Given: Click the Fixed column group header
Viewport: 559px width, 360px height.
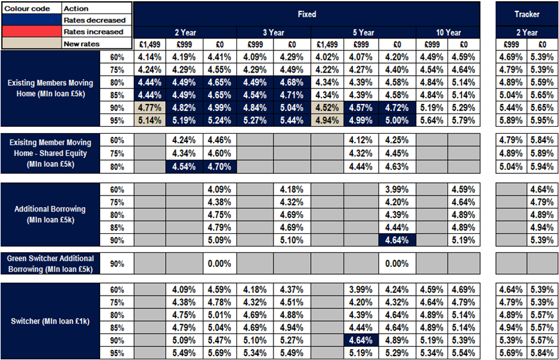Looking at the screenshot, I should [x=307, y=13].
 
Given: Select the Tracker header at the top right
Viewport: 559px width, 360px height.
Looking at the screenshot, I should [x=526, y=13].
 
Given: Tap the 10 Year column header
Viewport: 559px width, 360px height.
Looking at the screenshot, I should [x=448, y=32].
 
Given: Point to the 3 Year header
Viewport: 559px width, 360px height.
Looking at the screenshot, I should [x=273, y=32].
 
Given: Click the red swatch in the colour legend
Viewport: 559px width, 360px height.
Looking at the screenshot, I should [x=31, y=32].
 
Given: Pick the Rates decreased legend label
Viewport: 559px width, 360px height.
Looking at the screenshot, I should [x=94, y=20].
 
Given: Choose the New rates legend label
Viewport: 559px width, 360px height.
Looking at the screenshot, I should [x=81, y=44].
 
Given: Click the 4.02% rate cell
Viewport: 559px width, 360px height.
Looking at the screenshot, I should [x=328, y=57].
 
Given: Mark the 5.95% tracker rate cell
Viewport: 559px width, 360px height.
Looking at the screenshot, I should [x=542, y=119].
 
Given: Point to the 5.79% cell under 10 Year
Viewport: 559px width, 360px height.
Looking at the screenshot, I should [x=463, y=119].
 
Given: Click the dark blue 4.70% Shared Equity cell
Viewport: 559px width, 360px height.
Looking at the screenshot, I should [x=220, y=166].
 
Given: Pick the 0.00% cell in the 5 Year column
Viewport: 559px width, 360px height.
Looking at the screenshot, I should [x=396, y=264].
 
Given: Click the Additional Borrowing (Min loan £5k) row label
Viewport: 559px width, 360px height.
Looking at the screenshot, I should [x=50, y=214].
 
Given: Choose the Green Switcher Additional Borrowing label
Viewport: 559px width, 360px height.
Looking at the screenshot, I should [x=50, y=263].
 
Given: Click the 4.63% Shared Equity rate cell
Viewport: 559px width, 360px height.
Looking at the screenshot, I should [x=396, y=166].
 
